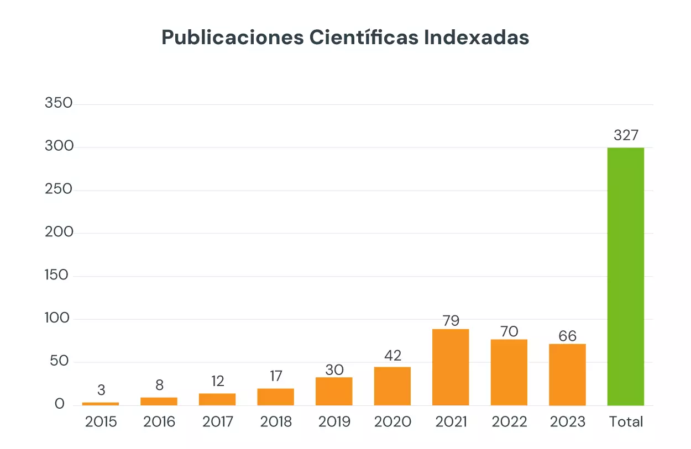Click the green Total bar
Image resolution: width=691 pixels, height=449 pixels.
pyautogui.click(x=625, y=276)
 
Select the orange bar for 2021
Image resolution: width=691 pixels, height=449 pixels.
pyautogui.click(x=451, y=367)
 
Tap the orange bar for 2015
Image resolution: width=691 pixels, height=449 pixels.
pyautogui.click(x=101, y=404)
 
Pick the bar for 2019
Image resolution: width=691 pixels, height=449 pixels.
pyautogui.click(x=334, y=391)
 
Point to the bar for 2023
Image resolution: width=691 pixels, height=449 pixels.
pyautogui.click(x=567, y=374)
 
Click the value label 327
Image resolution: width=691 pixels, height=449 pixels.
pyautogui.click(x=626, y=135)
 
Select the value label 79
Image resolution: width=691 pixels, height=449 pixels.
pyautogui.click(x=451, y=320)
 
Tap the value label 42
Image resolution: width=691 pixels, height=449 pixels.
pyautogui.click(x=392, y=355)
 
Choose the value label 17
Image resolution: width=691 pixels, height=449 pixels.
pyautogui.click(x=276, y=376)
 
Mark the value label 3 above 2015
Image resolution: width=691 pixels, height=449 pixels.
pyautogui.click(x=101, y=390)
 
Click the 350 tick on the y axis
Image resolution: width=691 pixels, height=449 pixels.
pyautogui.click(x=59, y=103)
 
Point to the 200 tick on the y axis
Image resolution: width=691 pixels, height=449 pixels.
pyautogui.click(x=59, y=232)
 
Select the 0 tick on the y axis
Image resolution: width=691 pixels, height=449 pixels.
pyautogui.click(x=60, y=404)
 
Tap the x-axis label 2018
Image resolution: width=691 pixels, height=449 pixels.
pyautogui.click(x=276, y=422)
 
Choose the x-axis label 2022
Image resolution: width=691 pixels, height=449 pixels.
pyautogui.click(x=509, y=422)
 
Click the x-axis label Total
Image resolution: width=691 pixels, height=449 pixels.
pyautogui.click(x=626, y=422)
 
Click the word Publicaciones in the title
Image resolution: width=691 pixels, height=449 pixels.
pyautogui.click(x=231, y=38)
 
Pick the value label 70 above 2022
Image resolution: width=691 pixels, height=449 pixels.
pyautogui.click(x=509, y=331)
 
